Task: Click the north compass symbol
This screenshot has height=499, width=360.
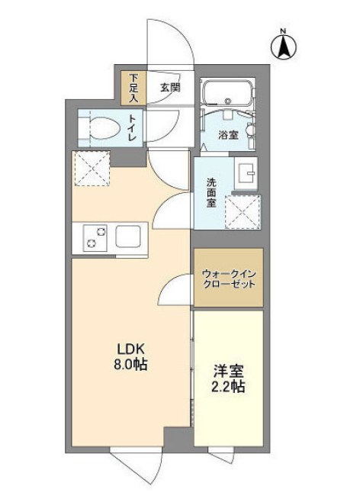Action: click(283, 47)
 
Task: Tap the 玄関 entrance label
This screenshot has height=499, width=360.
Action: click(170, 88)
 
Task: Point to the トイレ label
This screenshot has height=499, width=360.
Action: click(134, 127)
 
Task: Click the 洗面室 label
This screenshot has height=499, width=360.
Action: click(210, 193)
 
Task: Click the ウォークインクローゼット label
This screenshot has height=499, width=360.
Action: click(227, 278)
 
